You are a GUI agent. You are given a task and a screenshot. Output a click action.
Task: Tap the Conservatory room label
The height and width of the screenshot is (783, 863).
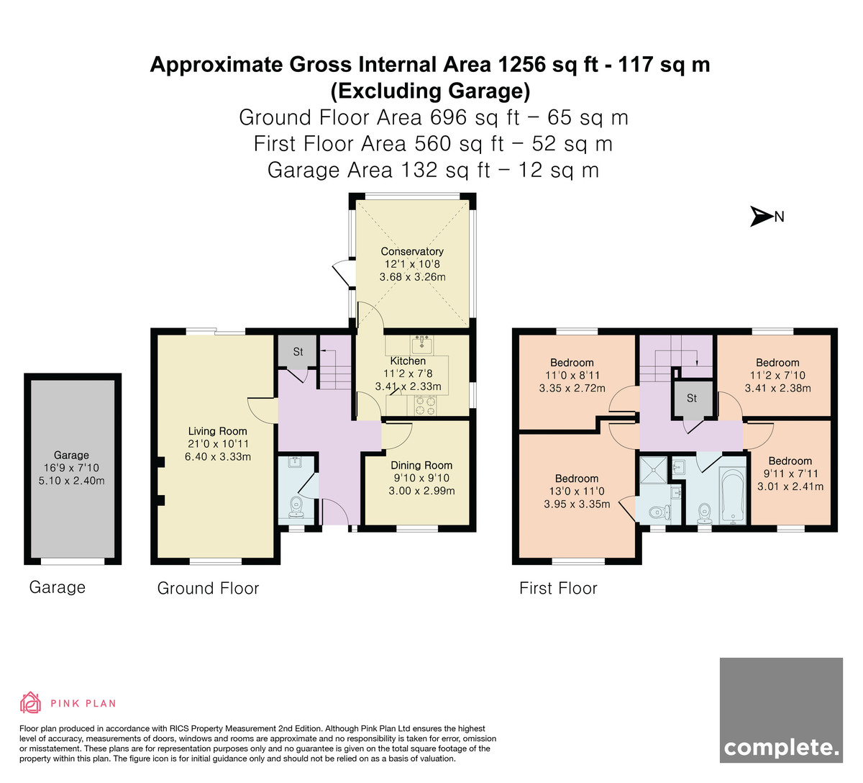(x=411, y=251)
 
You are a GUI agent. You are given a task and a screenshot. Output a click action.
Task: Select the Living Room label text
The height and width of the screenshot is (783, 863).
(x=218, y=431)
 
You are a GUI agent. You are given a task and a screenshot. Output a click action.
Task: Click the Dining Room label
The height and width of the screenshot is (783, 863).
(x=421, y=465)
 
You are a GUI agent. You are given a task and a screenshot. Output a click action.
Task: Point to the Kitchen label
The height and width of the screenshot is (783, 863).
(x=408, y=361)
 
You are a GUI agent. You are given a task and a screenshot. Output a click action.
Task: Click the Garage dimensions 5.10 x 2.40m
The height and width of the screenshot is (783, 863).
(x=71, y=481)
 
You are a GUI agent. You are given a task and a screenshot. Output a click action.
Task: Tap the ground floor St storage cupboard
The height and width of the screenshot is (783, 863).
(x=297, y=351)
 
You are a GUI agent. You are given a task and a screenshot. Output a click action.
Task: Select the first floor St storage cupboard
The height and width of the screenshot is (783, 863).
(x=692, y=399)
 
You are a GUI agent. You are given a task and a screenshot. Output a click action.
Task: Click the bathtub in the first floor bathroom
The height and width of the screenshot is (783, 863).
(x=732, y=496)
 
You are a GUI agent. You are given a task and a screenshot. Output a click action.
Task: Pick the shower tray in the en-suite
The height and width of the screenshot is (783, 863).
(x=653, y=469)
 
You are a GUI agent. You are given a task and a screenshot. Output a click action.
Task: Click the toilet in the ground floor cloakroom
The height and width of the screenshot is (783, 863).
(x=296, y=507)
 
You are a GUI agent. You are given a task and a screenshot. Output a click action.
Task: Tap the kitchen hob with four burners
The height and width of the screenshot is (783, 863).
(x=425, y=405)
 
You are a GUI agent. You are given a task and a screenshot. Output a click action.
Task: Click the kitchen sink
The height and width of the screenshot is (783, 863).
(x=421, y=344)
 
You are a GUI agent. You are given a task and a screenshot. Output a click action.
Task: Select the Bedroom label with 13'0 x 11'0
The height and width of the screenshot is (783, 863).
(x=577, y=479)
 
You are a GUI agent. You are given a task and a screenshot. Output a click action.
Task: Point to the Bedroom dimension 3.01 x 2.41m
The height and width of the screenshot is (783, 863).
(x=790, y=486)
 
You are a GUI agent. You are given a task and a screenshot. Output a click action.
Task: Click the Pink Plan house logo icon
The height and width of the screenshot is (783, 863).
(x=30, y=703)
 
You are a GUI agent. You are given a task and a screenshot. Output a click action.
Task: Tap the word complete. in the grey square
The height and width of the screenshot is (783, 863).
(x=781, y=748)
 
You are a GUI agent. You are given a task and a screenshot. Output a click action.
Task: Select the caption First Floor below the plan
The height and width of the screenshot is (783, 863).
(x=558, y=588)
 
